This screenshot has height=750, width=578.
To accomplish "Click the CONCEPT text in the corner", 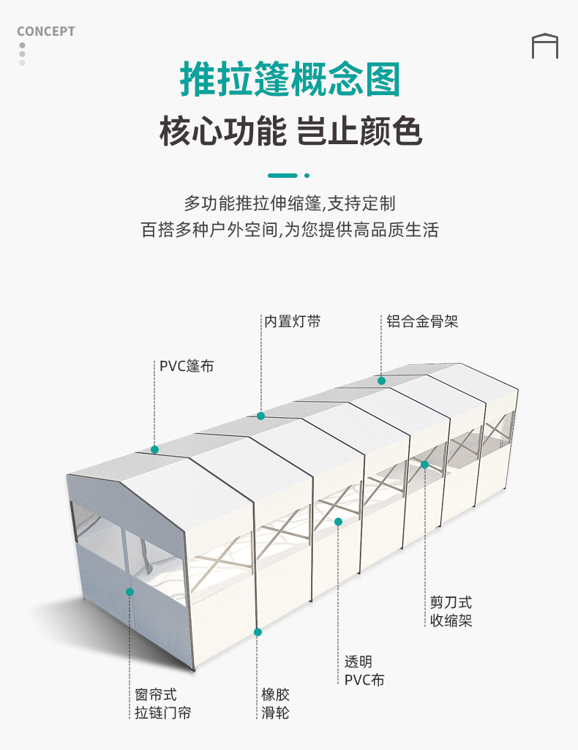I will [45, 31].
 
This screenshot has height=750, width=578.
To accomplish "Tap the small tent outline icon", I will [544, 45].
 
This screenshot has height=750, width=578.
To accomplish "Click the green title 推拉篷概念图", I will [290, 80].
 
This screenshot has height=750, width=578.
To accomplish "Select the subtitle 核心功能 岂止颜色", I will [290, 132].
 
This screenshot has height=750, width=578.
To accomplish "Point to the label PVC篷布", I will [187, 366].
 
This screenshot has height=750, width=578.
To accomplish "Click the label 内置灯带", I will [292, 321].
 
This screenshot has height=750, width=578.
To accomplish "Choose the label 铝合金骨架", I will [422, 321].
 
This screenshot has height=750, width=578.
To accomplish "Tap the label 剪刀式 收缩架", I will [451, 611].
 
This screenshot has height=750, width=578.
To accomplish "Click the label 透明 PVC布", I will [364, 670].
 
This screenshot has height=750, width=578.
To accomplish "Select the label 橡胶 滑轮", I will [276, 703].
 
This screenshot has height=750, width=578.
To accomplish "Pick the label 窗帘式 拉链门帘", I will [162, 703].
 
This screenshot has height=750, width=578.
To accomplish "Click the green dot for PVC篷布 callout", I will [154, 449].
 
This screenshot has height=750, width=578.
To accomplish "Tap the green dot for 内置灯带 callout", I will [260, 416].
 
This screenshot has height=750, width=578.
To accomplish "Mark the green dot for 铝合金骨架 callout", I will [381, 380].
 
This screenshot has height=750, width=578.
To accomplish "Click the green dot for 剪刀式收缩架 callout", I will [424, 465].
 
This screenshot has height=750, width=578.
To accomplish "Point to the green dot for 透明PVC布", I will [338, 522].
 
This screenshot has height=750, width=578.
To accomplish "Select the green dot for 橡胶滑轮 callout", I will [258, 631].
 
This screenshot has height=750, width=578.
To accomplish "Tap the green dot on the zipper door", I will [130, 591].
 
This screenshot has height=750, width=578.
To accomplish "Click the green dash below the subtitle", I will [283, 176].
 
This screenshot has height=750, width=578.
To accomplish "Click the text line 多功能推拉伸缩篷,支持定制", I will [290, 203].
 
